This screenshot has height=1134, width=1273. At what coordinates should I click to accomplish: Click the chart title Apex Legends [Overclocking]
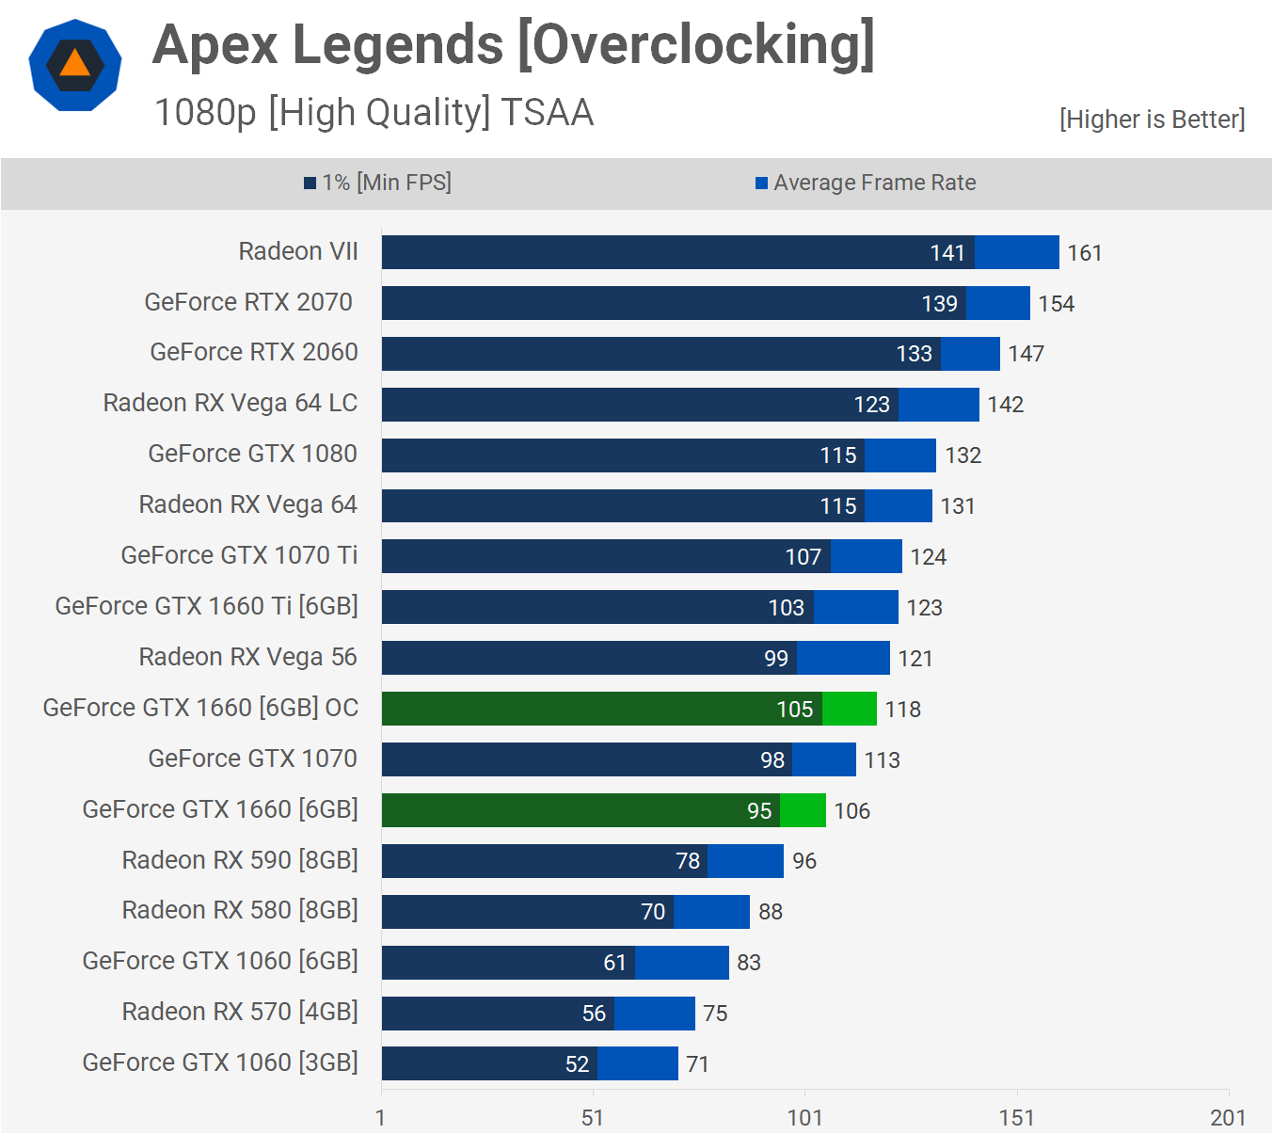[x=514, y=45]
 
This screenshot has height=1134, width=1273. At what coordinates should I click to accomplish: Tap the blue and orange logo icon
[x=75, y=65]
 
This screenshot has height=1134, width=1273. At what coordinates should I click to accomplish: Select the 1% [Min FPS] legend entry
[x=378, y=183]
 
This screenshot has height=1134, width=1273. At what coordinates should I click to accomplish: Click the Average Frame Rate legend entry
[x=866, y=183]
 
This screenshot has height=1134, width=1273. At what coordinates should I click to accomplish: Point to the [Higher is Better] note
[x=1152, y=120]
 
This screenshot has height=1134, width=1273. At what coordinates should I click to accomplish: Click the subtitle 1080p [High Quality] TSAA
[x=374, y=113]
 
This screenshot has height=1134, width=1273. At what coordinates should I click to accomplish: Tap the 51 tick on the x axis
[x=593, y=1117]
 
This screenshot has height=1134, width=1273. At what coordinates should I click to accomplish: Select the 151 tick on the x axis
[x=1016, y=1117]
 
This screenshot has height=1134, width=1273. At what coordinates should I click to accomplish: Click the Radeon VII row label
[x=298, y=251]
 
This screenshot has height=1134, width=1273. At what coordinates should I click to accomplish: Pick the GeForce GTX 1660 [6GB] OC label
[x=200, y=708]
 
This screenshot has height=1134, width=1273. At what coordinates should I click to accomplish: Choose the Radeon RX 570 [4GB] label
[x=240, y=1012]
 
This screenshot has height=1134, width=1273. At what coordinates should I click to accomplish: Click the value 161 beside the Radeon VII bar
[x=1084, y=253]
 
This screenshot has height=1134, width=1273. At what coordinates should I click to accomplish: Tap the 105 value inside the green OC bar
[x=794, y=710]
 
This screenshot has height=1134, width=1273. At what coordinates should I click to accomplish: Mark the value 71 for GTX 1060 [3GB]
[x=697, y=1064]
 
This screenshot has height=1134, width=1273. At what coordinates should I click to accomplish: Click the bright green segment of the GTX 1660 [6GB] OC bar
[x=850, y=709]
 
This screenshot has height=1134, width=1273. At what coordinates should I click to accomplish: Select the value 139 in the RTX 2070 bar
[x=939, y=304]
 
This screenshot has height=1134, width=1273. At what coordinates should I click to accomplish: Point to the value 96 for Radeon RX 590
[x=804, y=861]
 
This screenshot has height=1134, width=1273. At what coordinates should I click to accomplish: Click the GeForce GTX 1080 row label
[x=252, y=454]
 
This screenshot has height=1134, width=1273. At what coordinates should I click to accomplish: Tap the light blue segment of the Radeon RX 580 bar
[x=711, y=912]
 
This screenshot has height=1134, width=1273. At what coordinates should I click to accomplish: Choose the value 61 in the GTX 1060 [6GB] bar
[x=614, y=963]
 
